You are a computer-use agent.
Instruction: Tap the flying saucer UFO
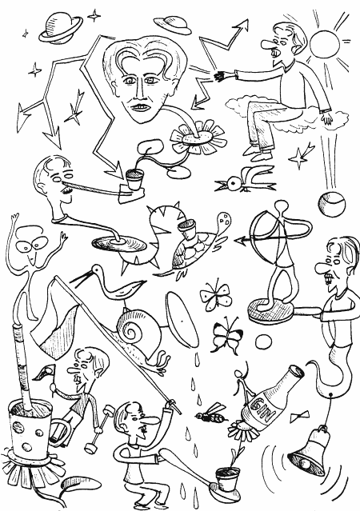[x=173, y=25]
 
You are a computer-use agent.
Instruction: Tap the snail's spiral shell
[x=133, y=327]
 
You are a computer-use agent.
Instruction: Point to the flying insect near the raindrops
[x=211, y=413]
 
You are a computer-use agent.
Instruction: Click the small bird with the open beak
[x=245, y=180]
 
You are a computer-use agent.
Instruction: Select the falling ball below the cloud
[x=331, y=204]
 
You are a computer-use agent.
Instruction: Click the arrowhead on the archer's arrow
[x=239, y=242]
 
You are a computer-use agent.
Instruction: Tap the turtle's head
[x=223, y=222]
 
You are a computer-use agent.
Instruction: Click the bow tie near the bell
[x=300, y=417]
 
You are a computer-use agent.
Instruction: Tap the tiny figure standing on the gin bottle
[x=244, y=381]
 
